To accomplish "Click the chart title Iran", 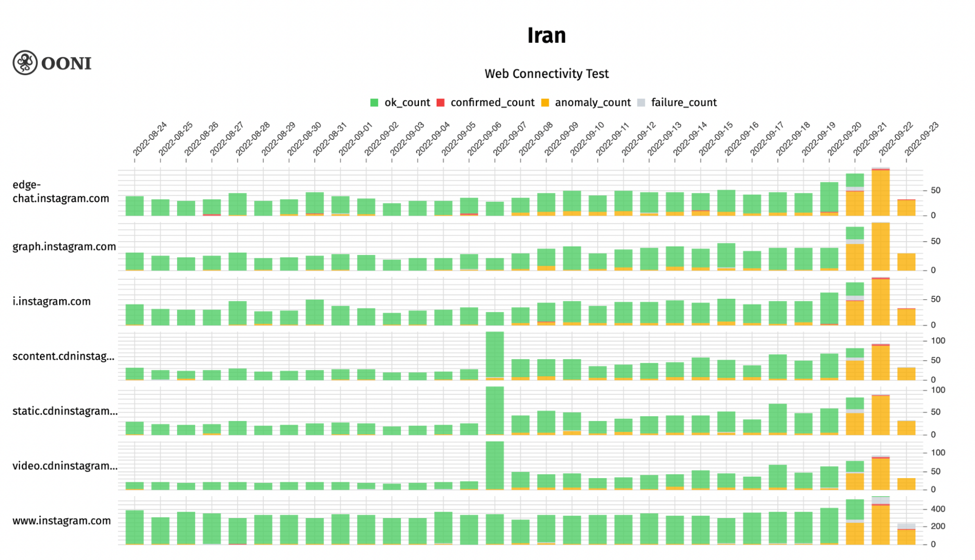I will pos(546,36).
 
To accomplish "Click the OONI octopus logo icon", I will pos(25,63).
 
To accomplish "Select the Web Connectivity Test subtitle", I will pos(546,74).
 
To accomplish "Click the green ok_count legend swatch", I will pos(374,103).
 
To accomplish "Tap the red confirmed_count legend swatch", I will pos(440,103).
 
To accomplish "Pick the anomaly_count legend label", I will pos(593,103).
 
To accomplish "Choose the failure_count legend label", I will pos(683,103).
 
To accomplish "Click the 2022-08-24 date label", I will pos(150,139).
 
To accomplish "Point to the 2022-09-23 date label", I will pos(921,139).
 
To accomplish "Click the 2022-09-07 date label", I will pos(510,139).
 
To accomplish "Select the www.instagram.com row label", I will pos(61,521).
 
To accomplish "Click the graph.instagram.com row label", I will pos(64,247).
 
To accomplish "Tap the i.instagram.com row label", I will pos(52,301).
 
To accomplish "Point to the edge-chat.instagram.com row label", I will pos(60,192).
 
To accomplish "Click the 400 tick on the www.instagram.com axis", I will pos(938,509).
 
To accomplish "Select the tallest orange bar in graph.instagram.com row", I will pos(880,247).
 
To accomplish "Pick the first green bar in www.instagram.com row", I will pos(135,527).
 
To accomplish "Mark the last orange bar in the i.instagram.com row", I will pos(906,317).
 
